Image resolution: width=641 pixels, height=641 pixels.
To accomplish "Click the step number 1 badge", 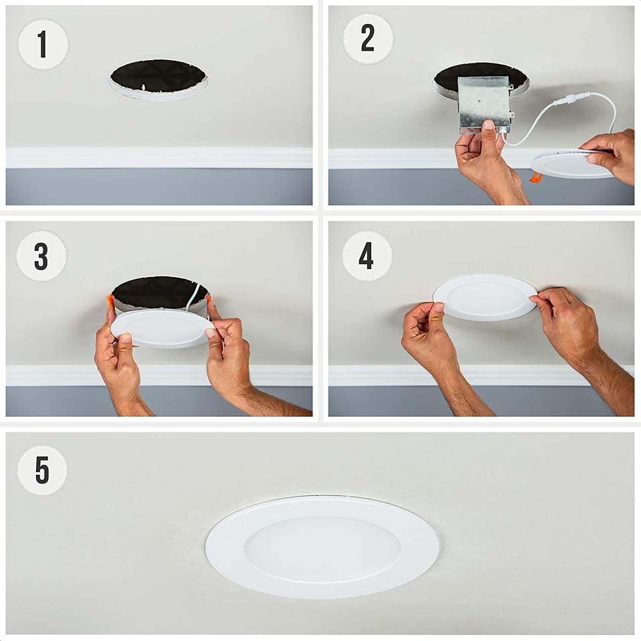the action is point(43,44).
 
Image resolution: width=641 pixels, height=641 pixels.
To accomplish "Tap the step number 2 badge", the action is point(368,38).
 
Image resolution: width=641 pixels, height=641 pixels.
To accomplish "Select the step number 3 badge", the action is point(41,256).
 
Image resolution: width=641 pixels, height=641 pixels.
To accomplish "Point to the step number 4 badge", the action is point(367,256).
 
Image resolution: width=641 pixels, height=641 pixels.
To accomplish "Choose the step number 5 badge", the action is point(42,470).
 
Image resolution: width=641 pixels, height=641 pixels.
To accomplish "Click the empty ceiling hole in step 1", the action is point(158,78).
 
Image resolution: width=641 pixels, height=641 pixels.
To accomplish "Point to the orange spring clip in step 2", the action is point(536,176).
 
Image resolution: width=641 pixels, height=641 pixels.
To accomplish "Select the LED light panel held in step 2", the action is point(572,163).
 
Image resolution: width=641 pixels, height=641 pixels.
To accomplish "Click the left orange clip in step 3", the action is point(110,303).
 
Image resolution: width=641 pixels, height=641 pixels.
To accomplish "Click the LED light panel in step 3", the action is point(162,328).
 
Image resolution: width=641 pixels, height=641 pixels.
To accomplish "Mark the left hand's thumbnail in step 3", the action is point(125,339).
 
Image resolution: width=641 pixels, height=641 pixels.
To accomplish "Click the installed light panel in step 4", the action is point(485,297).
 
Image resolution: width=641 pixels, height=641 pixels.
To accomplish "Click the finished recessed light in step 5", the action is point(322,547).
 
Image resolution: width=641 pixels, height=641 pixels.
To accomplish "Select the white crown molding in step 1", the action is point(159,158).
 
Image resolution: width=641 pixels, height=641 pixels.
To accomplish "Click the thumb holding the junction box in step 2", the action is point(489,134).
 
